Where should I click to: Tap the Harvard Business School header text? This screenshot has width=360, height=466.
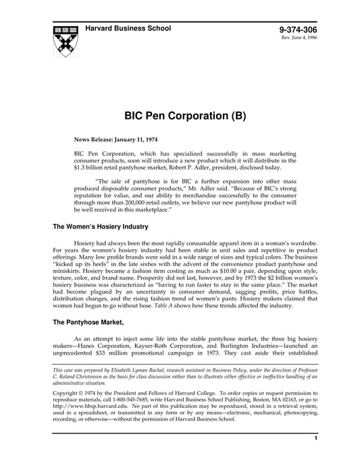tap(128, 28)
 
